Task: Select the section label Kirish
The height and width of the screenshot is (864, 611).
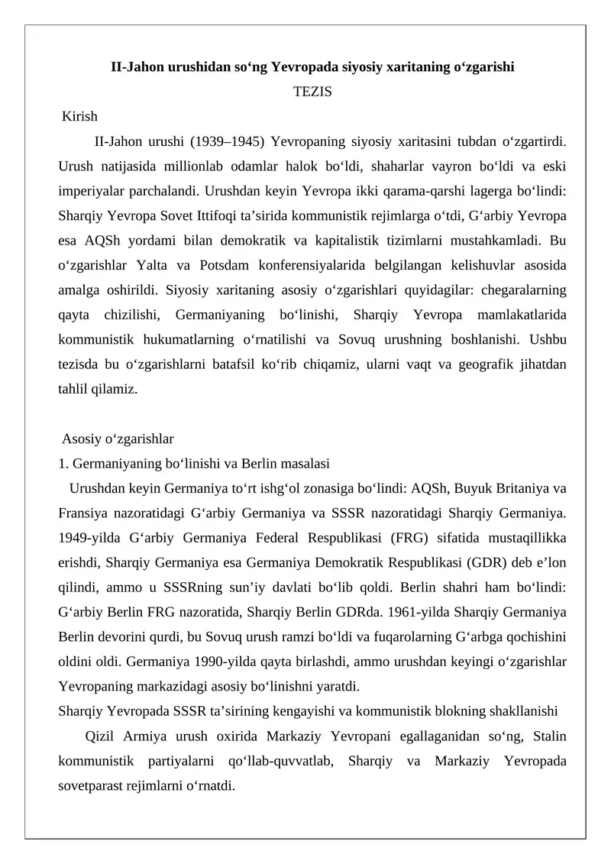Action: click(x=80, y=117)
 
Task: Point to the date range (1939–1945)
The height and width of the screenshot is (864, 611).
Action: click(x=227, y=141)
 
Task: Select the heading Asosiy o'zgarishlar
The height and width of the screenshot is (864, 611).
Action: click(x=118, y=438)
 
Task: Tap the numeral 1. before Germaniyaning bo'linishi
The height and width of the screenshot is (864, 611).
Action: click(x=63, y=463)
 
